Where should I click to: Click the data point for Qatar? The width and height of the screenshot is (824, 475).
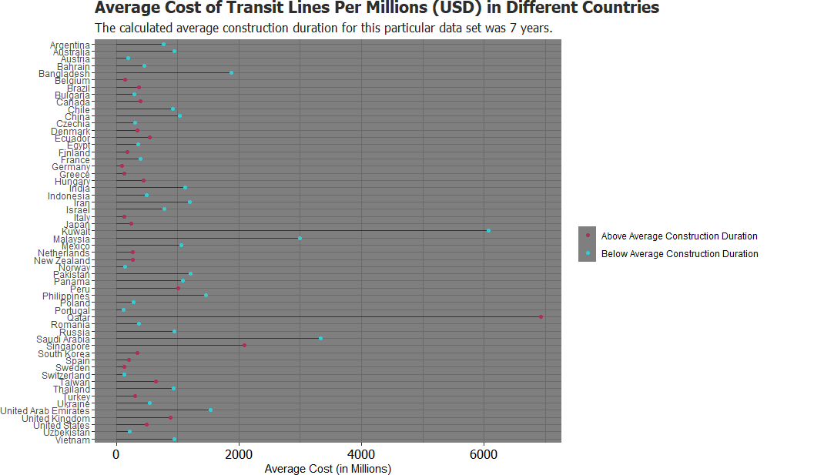click(x=541, y=316)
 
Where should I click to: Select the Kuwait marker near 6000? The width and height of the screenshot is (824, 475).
click(x=488, y=230)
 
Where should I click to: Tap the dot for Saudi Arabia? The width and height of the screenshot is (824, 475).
click(x=320, y=338)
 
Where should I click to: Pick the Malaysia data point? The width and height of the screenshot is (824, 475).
click(x=300, y=238)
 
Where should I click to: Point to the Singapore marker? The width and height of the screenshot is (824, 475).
click(x=245, y=345)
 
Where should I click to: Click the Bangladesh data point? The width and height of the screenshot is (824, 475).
click(x=231, y=72)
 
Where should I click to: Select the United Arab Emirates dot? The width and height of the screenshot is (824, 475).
click(x=210, y=410)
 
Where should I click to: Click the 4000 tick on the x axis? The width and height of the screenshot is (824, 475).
click(x=361, y=454)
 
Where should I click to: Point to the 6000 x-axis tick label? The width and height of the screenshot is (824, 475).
click(x=484, y=454)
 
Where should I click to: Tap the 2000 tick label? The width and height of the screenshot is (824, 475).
click(x=239, y=454)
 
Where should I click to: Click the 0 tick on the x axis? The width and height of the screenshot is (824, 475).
click(x=116, y=454)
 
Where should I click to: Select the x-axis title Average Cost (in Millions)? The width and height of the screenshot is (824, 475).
click(x=327, y=469)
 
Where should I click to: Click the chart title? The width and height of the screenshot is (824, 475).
click(x=377, y=8)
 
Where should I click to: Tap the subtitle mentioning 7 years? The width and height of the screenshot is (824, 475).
click(x=323, y=28)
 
